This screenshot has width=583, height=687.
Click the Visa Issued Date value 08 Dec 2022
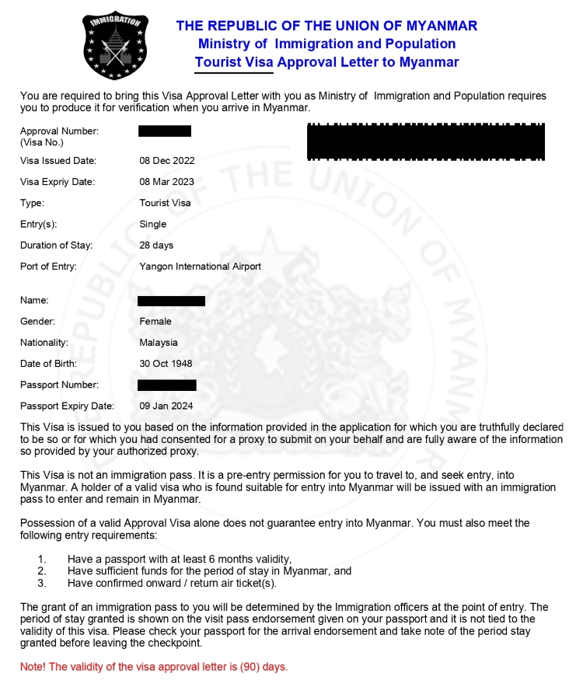coord(166,161)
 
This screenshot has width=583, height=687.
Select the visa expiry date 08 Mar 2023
coord(166,182)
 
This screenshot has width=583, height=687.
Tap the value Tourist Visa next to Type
coord(165,203)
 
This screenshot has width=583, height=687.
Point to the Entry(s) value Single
coord(152,224)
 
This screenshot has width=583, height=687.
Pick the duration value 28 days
coord(156,245)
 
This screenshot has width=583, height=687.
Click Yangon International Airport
coord(200,266)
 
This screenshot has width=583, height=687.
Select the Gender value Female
coord(155,321)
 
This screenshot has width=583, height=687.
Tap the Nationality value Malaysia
coord(159,342)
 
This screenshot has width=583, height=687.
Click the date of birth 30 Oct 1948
coord(166,363)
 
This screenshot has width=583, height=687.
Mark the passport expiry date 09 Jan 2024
coord(166,406)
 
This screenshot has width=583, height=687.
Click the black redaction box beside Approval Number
coord(165,131)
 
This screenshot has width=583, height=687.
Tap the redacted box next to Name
coord(171,301)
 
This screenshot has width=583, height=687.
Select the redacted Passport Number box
coord(166,385)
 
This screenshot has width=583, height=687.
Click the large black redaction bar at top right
coord(425,141)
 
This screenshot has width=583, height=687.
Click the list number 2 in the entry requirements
coord(42,570)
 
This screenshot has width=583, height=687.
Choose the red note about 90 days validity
coord(154,667)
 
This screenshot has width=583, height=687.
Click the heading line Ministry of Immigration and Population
coord(326,44)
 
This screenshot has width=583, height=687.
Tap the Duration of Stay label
coord(56,245)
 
